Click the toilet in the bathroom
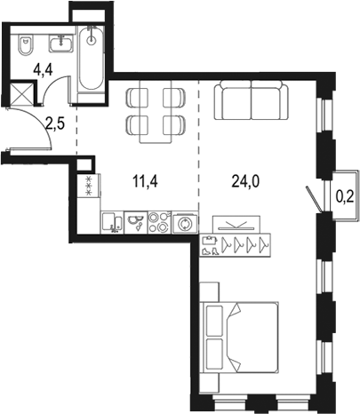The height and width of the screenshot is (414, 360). [27, 42]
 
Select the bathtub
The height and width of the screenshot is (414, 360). [92, 59]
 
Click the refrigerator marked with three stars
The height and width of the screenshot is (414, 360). [88, 187]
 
